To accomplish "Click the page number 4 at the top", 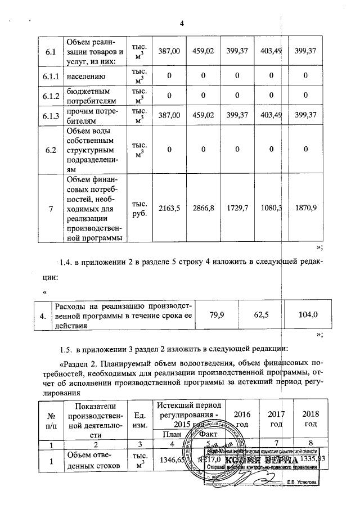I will point(182,23).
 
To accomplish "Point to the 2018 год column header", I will point(310,418).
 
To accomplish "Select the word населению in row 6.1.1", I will point(84,74).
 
